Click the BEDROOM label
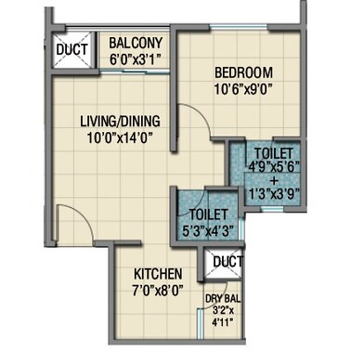pyautogui.click(x=243, y=72)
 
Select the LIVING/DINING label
pyautogui.click(x=121, y=121)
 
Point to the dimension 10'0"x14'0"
pyautogui.click(x=121, y=137)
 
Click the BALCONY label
pyautogui.click(x=136, y=43)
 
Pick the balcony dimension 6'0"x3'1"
pyautogui.click(x=136, y=58)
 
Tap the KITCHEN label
pyautogui.click(x=158, y=274)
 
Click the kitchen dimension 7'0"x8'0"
pyautogui.click(x=157, y=291)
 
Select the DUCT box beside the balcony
pyautogui.click(x=72, y=49)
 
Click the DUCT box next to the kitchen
pyautogui.click(x=224, y=263)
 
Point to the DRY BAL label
pyautogui.click(x=223, y=299)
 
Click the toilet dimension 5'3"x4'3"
pyautogui.click(x=208, y=230)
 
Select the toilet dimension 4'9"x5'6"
pyautogui.click(x=274, y=167)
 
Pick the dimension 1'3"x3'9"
pyautogui.click(x=274, y=194)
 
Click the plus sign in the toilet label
pyautogui.click(x=274, y=180)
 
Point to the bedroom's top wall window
pyautogui.click(x=239, y=28)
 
